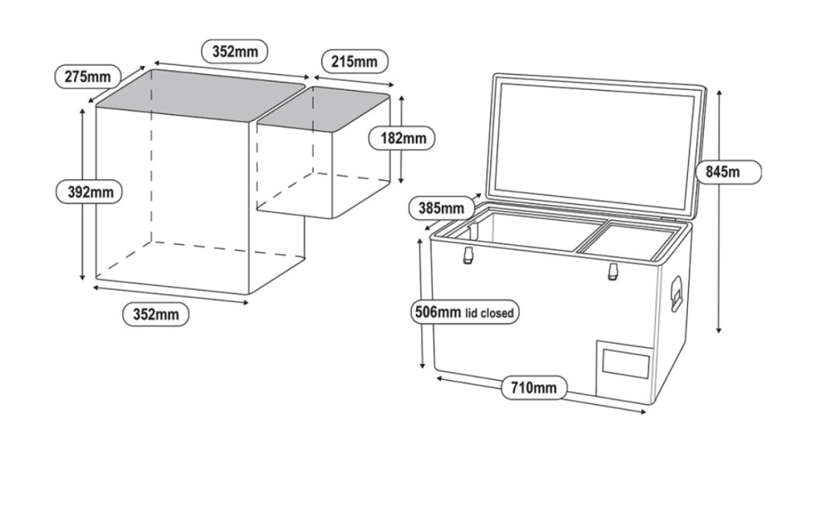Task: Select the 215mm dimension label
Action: (353, 61)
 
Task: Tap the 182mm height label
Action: (402, 138)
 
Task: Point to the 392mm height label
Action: (90, 192)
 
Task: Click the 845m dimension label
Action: (727, 171)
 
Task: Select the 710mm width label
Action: (533, 387)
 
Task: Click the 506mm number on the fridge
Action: (437, 313)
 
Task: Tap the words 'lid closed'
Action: (491, 314)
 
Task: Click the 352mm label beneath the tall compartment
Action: (156, 314)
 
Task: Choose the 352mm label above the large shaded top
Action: (235, 51)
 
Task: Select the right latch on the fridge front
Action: (613, 271)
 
